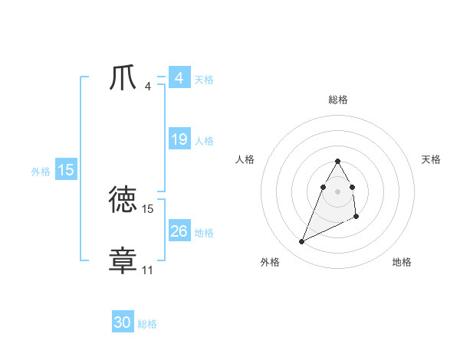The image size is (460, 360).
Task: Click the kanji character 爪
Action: coord(123,78)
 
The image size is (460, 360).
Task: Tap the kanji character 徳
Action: coord(123,200)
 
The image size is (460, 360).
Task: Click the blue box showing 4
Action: coord(179,78)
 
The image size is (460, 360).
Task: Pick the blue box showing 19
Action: coord(179,139)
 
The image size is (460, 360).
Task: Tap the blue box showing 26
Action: coord(179,231)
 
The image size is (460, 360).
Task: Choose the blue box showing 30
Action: coord(123,323)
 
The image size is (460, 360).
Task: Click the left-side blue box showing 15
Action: coord(66,170)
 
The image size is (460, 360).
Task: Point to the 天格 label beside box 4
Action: coord(204,80)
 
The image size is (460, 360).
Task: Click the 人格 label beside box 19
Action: coord(204,141)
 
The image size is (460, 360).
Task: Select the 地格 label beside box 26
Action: coord(204,233)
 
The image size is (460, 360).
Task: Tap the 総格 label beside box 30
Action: coord(147,325)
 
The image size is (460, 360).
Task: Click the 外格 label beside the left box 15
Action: coord(41,172)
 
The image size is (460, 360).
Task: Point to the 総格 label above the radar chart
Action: coord(337,100)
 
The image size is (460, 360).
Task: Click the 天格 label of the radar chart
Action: coord(431,159)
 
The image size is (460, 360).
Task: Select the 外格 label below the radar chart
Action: coord(270,263)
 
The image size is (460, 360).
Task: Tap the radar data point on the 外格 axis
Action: coord(301,241)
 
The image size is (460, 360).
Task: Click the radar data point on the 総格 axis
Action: coord(337,162)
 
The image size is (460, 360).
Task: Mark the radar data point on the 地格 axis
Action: coord(357,218)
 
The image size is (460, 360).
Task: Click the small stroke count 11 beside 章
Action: coord(147,270)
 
